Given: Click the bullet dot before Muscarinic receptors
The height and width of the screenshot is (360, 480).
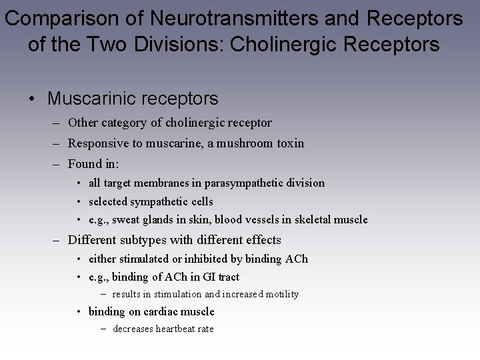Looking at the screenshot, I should pos(32,99).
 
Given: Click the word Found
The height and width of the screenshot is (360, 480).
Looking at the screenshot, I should pos(83,163).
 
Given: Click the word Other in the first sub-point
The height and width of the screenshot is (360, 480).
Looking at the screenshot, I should pos(83,123).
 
